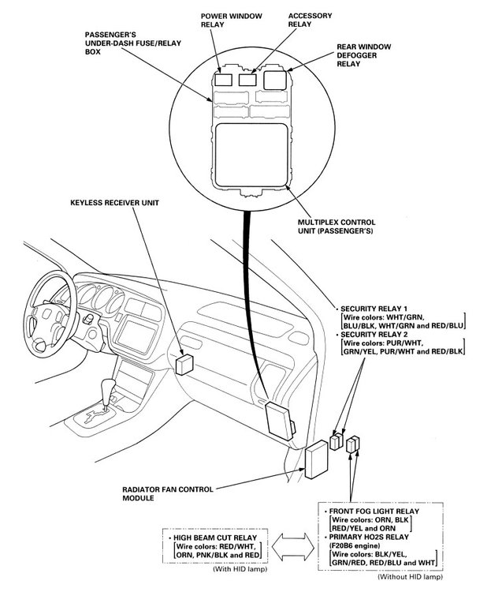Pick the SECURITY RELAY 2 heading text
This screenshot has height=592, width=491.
pyautogui.click(x=378, y=335)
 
